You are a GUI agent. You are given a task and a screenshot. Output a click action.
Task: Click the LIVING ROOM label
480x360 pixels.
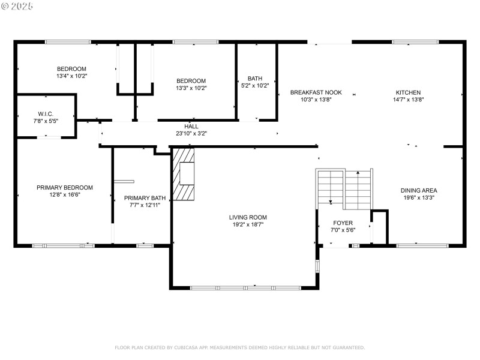click(x=247, y=217)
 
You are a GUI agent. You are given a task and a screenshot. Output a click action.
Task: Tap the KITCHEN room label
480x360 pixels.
click(x=407, y=92)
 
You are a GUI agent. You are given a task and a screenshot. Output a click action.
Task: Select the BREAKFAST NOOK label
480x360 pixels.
click(x=316, y=92)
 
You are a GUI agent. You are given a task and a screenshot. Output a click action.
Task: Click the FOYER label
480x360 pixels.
click(x=343, y=223)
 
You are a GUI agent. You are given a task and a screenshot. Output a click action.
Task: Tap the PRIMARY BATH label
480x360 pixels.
click(x=145, y=197)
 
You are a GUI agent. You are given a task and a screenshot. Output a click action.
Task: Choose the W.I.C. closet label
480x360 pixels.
click(x=46, y=114)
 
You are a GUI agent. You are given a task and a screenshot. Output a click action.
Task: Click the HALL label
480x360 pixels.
click(x=191, y=127)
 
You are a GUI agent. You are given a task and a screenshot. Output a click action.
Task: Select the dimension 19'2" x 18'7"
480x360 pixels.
click(x=247, y=224)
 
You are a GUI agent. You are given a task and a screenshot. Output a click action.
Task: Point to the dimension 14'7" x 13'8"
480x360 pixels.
click(x=407, y=100)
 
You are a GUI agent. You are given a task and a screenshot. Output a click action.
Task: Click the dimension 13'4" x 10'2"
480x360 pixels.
click(x=72, y=76)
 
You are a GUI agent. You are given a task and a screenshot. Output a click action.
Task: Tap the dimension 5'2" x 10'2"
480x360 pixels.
click(x=255, y=86)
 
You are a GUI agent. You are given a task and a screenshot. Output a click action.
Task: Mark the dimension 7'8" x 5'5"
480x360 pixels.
click(x=46, y=121)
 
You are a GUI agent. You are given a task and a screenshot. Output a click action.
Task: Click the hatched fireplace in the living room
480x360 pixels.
click(x=185, y=174)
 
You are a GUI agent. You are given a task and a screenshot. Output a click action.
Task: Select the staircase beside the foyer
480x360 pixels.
click(x=345, y=188)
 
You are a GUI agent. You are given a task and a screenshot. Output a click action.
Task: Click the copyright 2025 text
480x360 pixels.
click(x=17, y=5)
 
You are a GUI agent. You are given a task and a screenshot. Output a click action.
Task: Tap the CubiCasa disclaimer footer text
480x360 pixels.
click(x=239, y=347)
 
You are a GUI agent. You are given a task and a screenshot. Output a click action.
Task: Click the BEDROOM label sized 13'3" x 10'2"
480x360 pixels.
click(x=191, y=81)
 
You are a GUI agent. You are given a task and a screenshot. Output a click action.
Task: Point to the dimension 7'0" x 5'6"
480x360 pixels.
click(x=343, y=230)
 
